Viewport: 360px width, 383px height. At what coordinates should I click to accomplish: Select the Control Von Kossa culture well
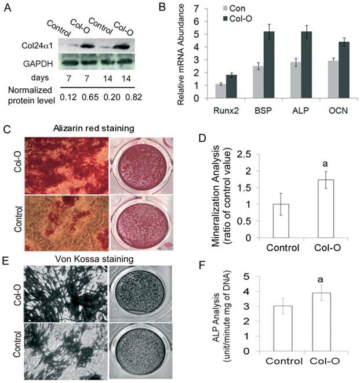[x=140, y=343]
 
